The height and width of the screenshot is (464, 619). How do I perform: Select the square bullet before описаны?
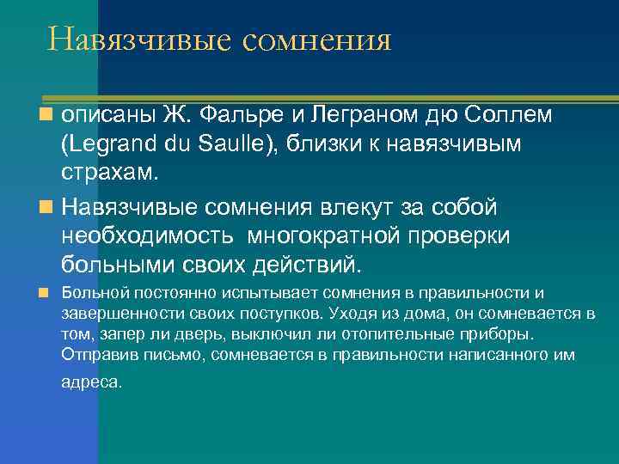point(50,114)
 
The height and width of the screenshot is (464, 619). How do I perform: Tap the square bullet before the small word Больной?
point(50,294)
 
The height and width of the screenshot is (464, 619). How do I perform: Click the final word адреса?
point(91,382)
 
